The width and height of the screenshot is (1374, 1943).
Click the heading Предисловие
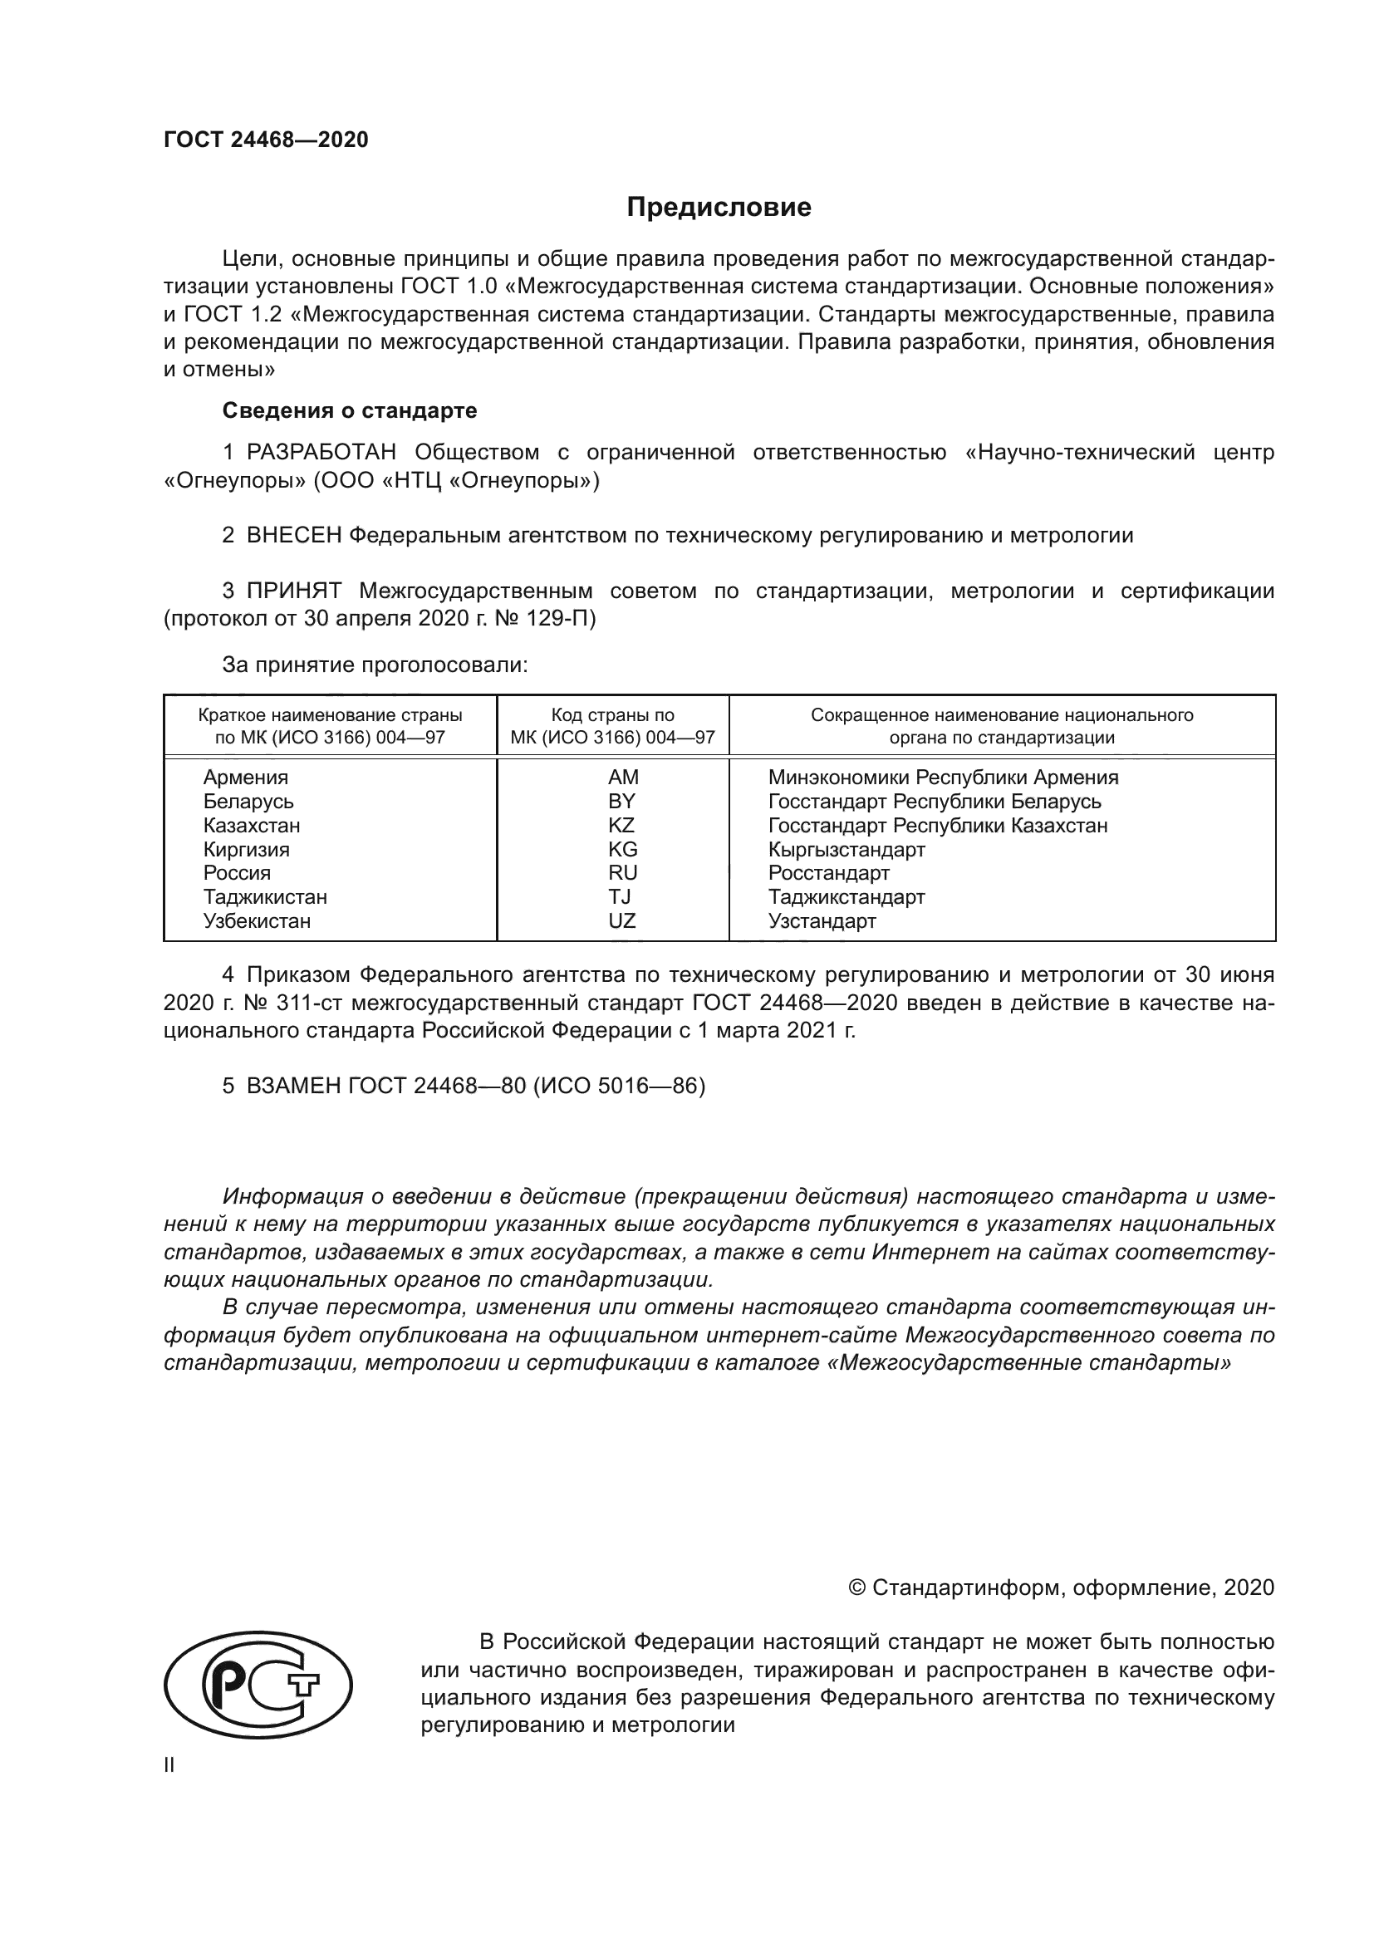[x=719, y=208]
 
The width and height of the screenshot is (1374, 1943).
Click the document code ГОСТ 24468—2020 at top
[x=266, y=140]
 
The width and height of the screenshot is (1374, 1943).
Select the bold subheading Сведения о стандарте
[x=350, y=410]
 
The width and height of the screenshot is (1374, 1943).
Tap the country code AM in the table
[x=623, y=777]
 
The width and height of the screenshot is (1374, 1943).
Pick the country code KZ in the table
[x=621, y=825]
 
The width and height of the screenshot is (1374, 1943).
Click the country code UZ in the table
[x=622, y=920]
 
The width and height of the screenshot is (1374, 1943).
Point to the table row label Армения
[x=245, y=777]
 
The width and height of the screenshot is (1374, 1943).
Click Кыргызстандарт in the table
[x=846, y=849]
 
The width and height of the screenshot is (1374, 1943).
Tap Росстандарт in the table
[x=828, y=872]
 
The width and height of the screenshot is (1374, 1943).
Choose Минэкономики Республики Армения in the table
[x=943, y=777]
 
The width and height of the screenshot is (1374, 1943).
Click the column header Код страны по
[x=612, y=715]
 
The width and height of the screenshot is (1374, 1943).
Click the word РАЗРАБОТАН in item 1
[x=321, y=453]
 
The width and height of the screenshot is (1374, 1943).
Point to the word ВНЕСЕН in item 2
[x=294, y=535]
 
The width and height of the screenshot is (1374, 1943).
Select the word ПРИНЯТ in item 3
[x=294, y=591]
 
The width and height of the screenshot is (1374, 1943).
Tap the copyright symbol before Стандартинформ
[x=856, y=1587]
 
